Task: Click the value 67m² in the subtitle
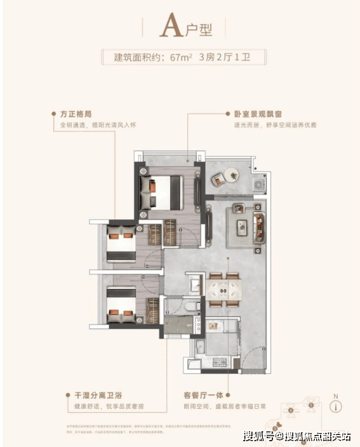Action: coord(181,58)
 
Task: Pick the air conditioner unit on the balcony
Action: coord(259,183)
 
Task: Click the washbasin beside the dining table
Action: coord(194,283)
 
